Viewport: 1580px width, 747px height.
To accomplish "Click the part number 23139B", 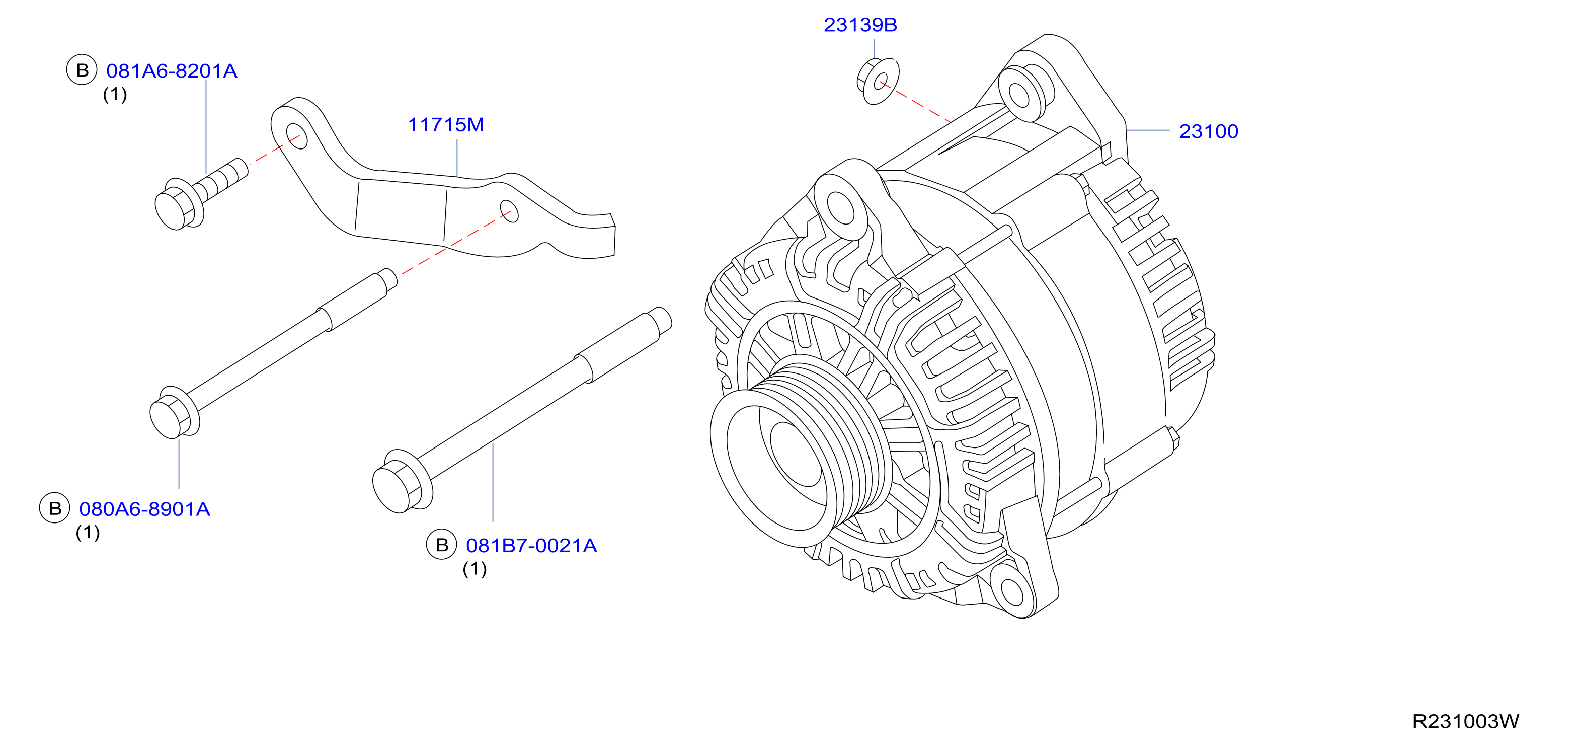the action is point(860,25).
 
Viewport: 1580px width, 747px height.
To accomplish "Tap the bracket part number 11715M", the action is point(446,125).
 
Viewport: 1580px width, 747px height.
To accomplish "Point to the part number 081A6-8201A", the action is point(172,71).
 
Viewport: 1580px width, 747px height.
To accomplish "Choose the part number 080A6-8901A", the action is point(145,509).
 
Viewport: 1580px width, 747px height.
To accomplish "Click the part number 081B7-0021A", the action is point(531,545).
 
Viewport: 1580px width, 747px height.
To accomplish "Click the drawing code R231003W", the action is point(1465,721).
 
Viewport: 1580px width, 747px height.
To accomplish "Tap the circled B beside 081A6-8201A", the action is point(82,70).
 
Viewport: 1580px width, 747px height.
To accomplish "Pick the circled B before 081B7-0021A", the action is point(442,545).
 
